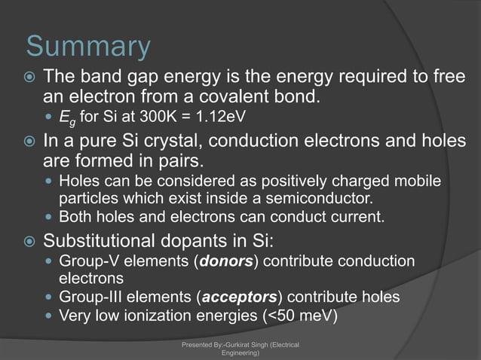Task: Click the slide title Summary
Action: tap(88, 47)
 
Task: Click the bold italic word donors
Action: tap(225, 261)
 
